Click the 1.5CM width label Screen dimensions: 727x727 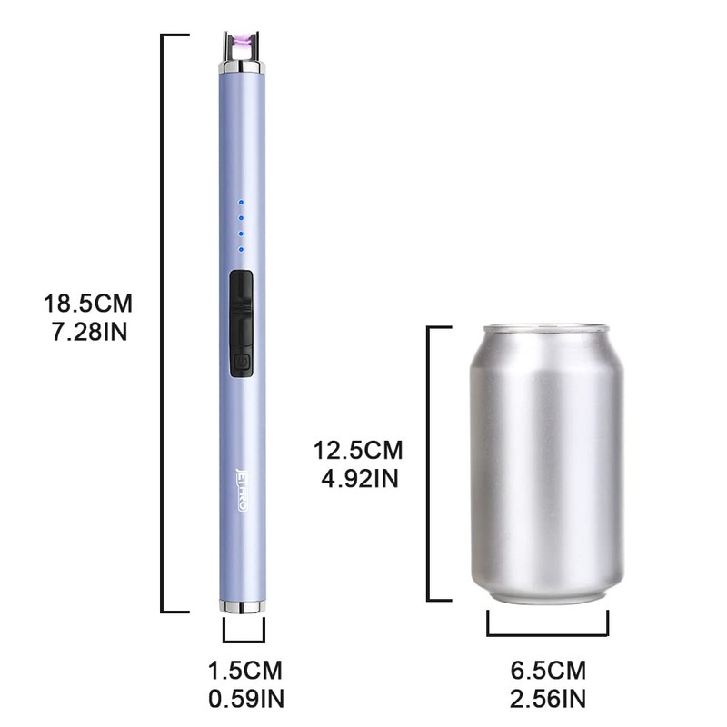coord(245,672)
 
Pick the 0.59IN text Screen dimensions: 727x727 coord(245,699)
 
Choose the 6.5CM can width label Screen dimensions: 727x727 coord(548,672)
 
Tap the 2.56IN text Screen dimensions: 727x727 coord(548,699)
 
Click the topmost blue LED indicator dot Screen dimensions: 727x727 coord(241,203)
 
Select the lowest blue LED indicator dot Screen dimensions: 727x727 coord(241,248)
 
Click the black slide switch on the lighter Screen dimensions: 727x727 coord(241,309)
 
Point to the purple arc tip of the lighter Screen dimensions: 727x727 coord(242,42)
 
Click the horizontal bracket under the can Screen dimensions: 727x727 coord(548,630)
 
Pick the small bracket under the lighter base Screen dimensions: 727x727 coord(244,632)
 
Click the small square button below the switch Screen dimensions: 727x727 coord(241,364)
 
